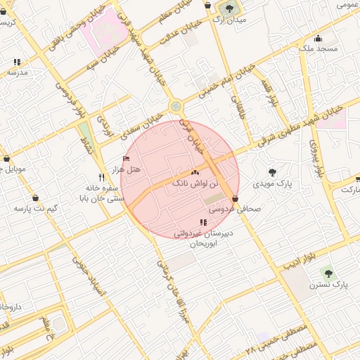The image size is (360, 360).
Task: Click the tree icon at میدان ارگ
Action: pyautogui.click(x=229, y=8)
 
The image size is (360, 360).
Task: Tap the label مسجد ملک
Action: pyautogui.click(x=318, y=49)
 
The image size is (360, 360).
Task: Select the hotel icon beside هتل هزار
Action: pyautogui.click(x=126, y=159)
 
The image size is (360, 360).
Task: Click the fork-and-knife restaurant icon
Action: pyautogui.click(x=102, y=178)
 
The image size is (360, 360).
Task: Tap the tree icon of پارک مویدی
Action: pyautogui.click(x=273, y=172)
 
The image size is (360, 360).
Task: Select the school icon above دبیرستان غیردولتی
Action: pyautogui.click(x=204, y=222)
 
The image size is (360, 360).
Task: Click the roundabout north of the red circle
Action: pyautogui.click(x=175, y=107)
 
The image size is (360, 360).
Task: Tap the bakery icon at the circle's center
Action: pyautogui.click(x=195, y=172)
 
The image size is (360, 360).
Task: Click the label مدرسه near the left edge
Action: pyautogui.click(x=18, y=72)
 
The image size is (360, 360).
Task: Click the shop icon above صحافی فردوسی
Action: pyautogui.click(x=235, y=198)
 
